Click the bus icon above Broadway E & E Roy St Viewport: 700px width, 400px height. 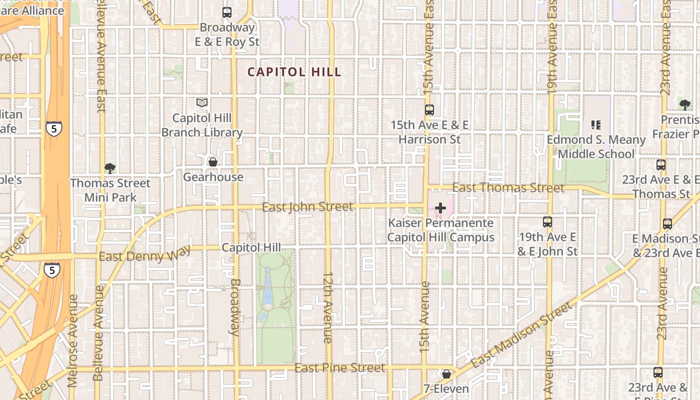click(x=227, y=12)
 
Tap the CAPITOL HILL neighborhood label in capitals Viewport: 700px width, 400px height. click(x=294, y=72)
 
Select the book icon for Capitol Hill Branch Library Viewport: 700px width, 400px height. click(x=202, y=103)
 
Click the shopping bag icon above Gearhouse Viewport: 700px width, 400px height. click(x=213, y=162)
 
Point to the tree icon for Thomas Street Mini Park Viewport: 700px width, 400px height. click(x=110, y=168)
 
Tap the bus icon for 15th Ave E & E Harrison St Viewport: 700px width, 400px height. click(x=429, y=110)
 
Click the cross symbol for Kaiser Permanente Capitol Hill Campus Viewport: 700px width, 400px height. click(x=440, y=207)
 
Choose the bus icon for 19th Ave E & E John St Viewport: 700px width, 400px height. click(x=547, y=222)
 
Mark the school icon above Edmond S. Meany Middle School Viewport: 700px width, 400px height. click(x=595, y=124)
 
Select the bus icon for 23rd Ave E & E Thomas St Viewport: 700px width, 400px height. click(x=661, y=164)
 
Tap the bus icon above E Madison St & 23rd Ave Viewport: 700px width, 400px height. click(x=667, y=224)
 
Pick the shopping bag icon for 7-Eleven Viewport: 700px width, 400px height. click(x=446, y=374)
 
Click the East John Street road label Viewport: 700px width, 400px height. click(x=307, y=207)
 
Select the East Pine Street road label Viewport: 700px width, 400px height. click(x=340, y=368)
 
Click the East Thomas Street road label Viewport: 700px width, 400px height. click(x=508, y=188)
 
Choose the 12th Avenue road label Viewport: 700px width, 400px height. click(x=328, y=307)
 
